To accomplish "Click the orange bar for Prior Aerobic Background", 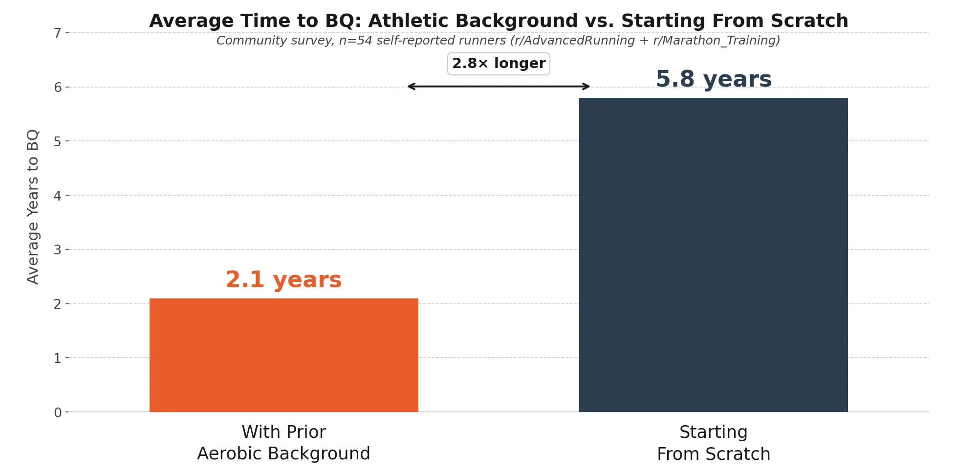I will [283, 355].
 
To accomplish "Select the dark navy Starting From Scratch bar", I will [713, 255].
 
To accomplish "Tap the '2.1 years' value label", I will [283, 280].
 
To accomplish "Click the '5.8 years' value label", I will [713, 79].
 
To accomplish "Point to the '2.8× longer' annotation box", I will [499, 64].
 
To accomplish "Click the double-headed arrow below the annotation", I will [499, 87].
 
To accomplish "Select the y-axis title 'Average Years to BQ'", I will [33, 206].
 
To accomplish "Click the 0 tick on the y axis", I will [58, 412].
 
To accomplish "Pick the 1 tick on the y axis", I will [58, 358].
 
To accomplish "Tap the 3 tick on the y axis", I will [58, 250].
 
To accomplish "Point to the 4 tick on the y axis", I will [58, 196].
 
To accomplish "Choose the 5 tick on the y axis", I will [58, 141].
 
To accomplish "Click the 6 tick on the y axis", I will [58, 87].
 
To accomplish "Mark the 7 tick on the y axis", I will [58, 33].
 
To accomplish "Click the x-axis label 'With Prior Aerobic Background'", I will [283, 443].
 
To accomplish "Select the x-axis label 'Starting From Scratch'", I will [713, 443].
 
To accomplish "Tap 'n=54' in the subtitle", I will [355, 41].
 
